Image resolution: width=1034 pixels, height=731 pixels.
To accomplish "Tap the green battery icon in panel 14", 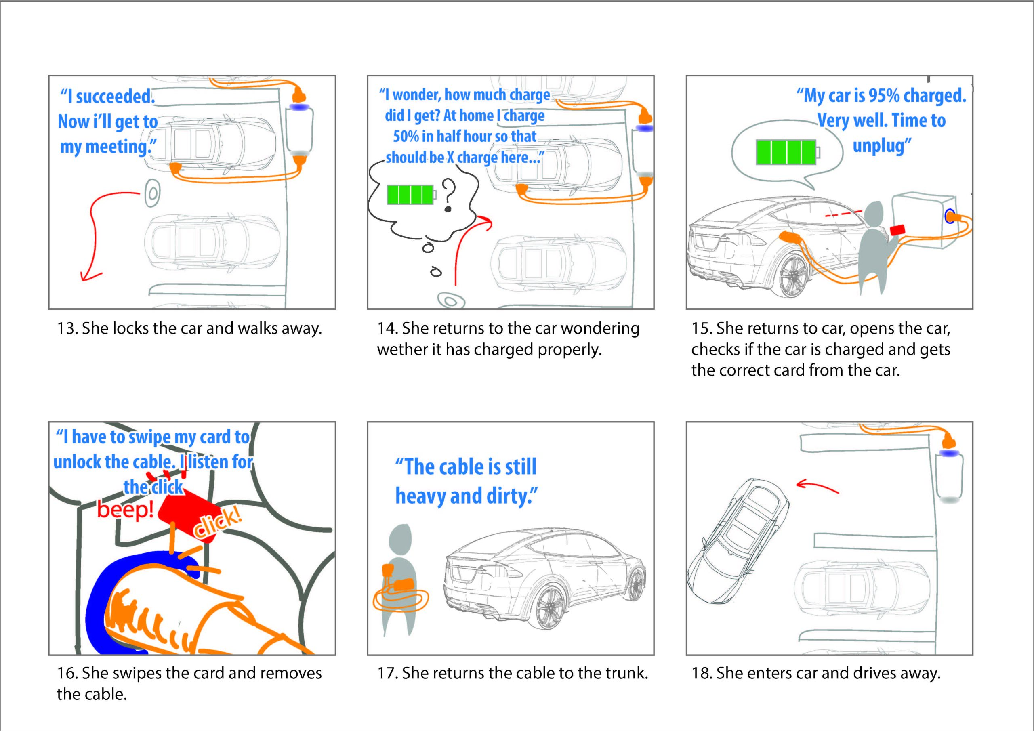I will pos(411,195).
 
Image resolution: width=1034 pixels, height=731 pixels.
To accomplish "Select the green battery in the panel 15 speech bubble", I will pos(786,152).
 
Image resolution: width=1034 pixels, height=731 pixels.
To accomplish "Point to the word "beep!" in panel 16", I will pos(126,510).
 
